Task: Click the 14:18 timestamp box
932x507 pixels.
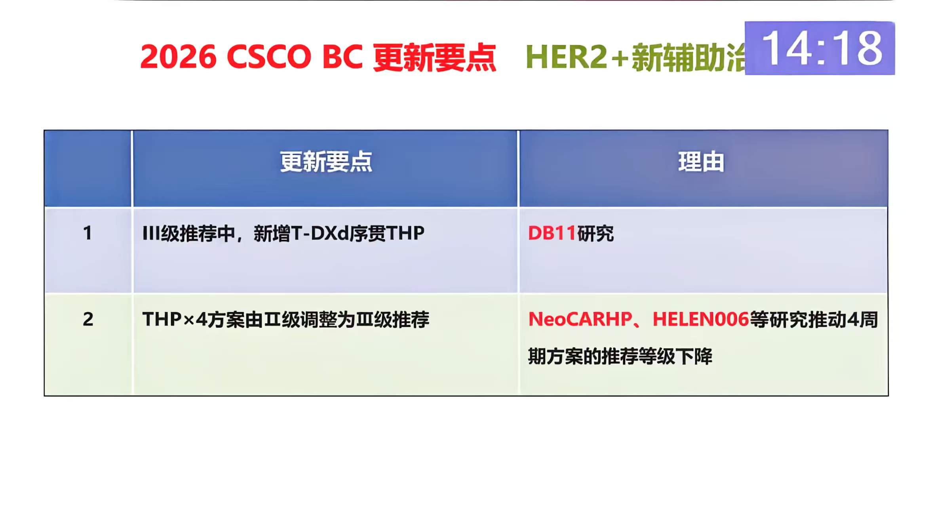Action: tap(819, 48)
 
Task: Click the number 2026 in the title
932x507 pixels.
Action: tap(178, 57)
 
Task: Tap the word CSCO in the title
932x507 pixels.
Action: tap(269, 57)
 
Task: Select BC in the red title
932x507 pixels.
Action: tap(342, 57)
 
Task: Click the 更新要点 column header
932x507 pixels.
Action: tap(326, 162)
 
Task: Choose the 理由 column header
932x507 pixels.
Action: tap(701, 162)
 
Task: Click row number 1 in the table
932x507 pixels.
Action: tap(87, 233)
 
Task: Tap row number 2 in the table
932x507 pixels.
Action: tap(88, 319)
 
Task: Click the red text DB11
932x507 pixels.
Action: tap(552, 233)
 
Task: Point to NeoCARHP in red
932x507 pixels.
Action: tap(580, 319)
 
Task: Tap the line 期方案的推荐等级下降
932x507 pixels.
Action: tap(620, 356)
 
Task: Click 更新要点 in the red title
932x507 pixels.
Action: tap(434, 58)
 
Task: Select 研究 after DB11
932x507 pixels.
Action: tap(595, 233)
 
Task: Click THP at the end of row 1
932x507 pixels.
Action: tap(405, 233)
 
